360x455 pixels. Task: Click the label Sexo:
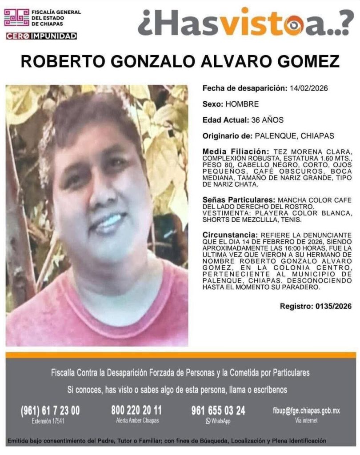pos(213,104)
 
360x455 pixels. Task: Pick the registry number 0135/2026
pos(332,306)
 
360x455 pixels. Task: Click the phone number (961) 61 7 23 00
pos(50,411)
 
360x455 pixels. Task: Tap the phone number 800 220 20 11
pos(136,410)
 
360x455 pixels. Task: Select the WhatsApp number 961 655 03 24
pos(218,410)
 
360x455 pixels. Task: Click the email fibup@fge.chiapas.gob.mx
pos(306,411)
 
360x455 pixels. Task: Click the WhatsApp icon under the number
pos(208,421)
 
